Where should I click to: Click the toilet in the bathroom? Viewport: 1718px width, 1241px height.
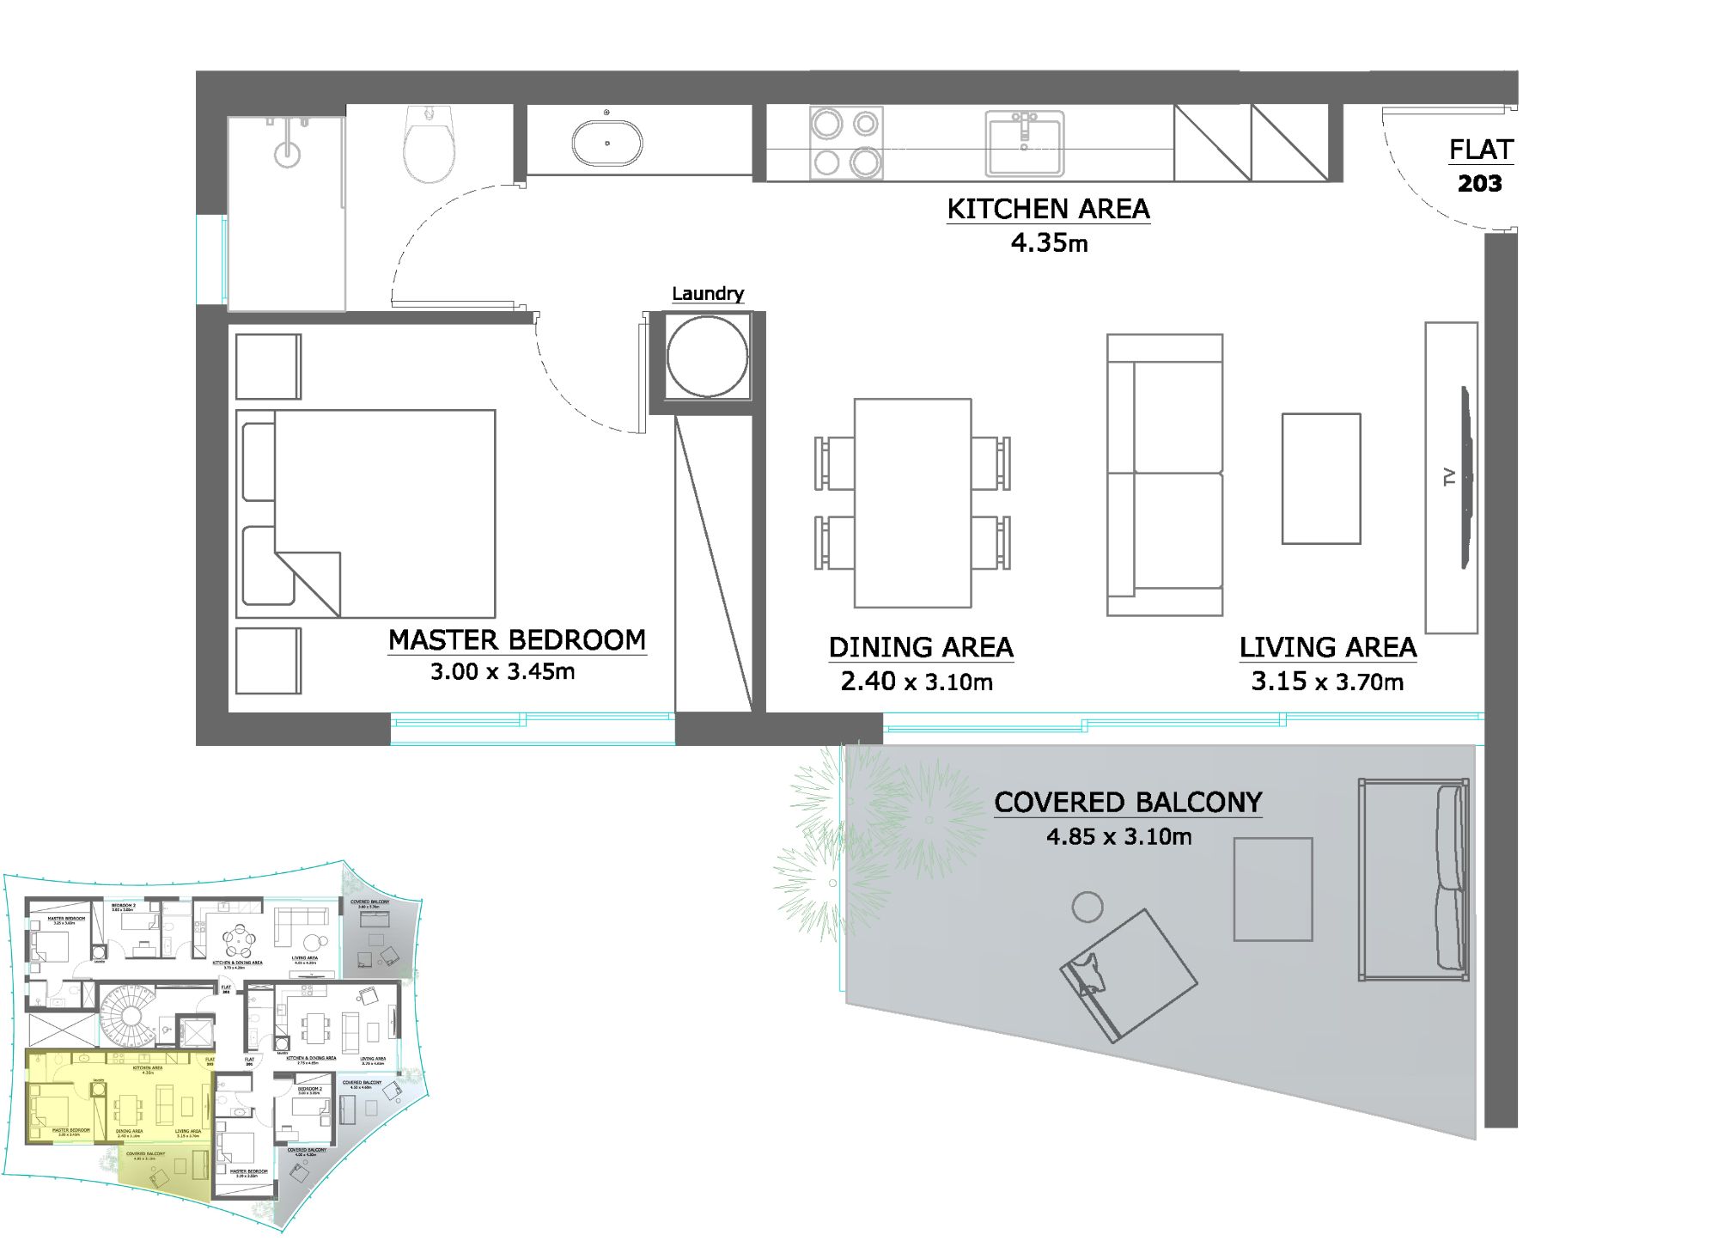tap(429, 144)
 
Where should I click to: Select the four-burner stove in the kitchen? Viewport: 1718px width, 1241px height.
tap(846, 143)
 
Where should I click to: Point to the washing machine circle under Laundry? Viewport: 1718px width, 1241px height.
tap(707, 356)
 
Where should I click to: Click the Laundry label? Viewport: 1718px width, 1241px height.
tap(707, 294)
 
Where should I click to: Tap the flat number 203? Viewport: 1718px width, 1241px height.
tap(1479, 183)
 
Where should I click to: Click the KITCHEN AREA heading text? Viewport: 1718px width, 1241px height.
tap(1048, 209)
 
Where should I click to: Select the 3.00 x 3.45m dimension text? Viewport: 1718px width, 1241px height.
tap(503, 672)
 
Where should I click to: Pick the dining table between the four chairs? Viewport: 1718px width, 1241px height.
tap(912, 503)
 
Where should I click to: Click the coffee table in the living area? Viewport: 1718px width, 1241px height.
tap(1320, 479)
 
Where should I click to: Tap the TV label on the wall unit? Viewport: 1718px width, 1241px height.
tap(1449, 477)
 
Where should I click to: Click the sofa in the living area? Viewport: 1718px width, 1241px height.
tap(1165, 474)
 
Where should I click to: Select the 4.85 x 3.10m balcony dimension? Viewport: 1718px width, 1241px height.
tap(1118, 836)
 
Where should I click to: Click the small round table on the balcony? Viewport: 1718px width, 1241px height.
tap(1087, 907)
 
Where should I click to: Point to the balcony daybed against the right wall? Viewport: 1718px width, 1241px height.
tap(1413, 880)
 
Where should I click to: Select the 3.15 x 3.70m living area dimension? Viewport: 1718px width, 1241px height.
tap(1327, 682)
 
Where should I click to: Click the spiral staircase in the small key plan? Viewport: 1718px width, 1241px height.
tap(130, 1016)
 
